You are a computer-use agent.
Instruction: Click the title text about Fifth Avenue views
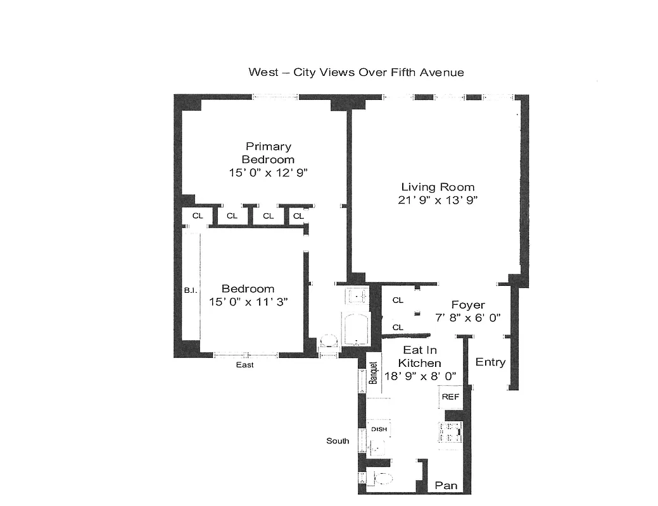356,72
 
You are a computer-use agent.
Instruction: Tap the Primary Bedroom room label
268,153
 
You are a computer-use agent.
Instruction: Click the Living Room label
438,187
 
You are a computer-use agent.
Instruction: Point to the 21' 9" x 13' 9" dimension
438,200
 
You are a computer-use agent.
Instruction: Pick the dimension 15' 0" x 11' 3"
248,302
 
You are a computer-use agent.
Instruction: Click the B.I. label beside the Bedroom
189,291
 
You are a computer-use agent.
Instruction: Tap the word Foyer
468,305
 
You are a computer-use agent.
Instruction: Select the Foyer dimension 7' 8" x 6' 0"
468,318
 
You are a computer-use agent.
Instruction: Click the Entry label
490,362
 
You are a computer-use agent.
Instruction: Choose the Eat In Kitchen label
419,356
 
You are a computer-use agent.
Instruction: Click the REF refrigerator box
450,397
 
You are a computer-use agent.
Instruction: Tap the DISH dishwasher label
379,429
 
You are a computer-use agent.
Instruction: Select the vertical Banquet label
374,373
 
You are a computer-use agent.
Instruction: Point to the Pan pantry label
446,486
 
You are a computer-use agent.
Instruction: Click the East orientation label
244,365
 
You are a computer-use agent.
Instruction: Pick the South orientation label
338,441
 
